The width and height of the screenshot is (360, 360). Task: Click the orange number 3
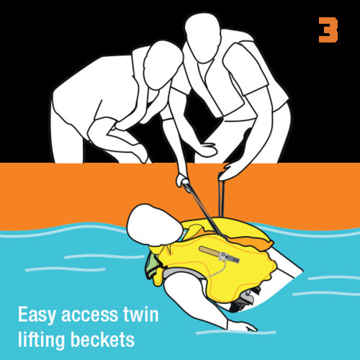tap(328, 30)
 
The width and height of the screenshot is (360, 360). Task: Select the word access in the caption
tap(89, 315)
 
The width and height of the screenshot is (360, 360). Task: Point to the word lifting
tap(42, 339)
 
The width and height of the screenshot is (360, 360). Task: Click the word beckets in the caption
tap(102, 339)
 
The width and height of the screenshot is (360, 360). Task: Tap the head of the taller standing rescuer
tap(203, 37)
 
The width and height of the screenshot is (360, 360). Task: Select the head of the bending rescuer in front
tap(163, 65)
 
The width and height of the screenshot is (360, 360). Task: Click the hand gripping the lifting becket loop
tap(182, 181)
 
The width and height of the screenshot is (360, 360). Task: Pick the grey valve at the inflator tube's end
tap(228, 257)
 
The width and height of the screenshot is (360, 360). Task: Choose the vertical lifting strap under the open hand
tap(222, 199)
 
